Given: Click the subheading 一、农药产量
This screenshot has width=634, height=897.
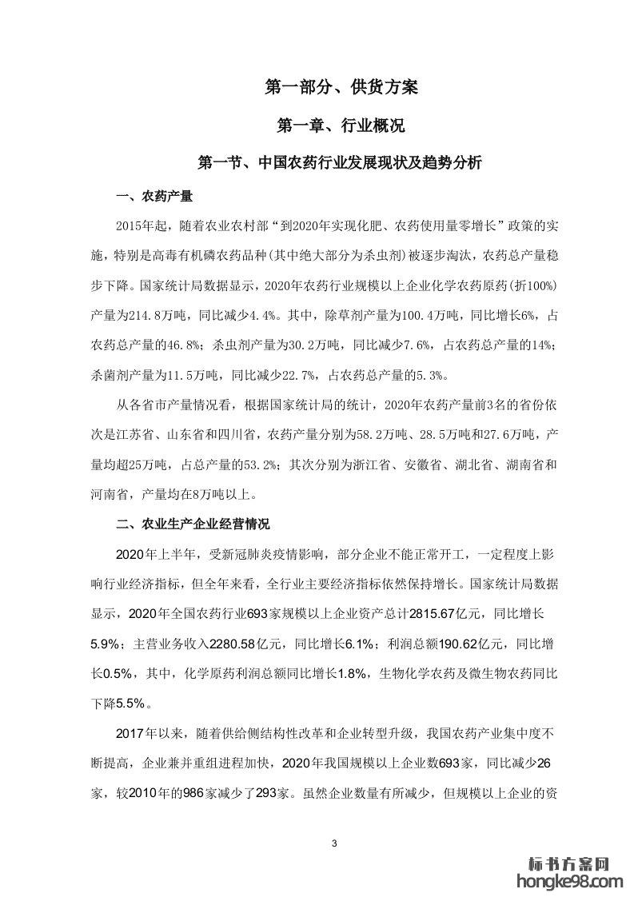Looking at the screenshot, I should coord(154,196).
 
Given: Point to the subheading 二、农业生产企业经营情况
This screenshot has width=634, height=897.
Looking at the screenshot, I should coord(193,524).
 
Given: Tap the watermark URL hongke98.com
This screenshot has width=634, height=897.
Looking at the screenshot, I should coord(570,882).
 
